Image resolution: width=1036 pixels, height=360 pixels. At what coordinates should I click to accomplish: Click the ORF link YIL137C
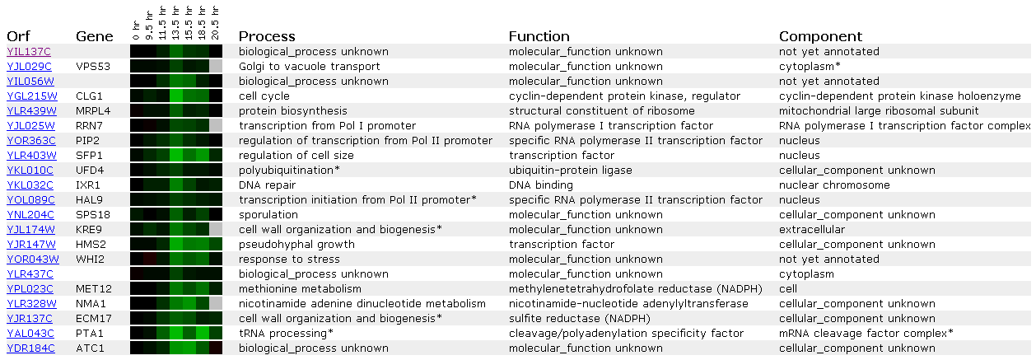click(29, 51)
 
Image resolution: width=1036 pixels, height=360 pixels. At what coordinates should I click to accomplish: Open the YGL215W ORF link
click(32, 96)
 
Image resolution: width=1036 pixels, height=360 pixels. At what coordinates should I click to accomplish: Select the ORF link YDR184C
click(30, 348)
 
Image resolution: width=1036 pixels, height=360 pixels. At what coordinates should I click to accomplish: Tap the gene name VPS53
click(93, 66)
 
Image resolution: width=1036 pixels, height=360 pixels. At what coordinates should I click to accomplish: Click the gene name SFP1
click(89, 155)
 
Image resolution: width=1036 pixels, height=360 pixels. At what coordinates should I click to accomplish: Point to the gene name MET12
click(94, 288)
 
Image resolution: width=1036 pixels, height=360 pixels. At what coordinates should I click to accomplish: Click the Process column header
click(267, 36)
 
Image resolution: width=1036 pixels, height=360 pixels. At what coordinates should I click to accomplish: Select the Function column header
click(539, 36)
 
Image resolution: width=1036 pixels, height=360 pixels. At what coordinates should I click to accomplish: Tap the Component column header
click(821, 36)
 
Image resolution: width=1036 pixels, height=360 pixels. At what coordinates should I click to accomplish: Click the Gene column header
click(95, 36)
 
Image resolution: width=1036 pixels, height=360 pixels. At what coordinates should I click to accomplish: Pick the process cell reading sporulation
click(268, 215)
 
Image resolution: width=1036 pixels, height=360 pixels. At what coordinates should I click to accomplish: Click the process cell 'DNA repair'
click(267, 185)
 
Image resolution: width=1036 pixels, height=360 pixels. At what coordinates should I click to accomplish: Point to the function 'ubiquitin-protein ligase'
click(570, 171)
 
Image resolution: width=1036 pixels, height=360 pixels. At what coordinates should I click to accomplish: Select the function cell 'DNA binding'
click(541, 185)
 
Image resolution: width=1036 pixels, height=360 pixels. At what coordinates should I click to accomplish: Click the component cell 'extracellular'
click(812, 230)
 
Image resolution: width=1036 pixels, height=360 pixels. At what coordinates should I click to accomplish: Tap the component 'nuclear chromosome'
click(834, 185)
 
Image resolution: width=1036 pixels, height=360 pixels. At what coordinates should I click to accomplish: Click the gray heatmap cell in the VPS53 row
click(216, 66)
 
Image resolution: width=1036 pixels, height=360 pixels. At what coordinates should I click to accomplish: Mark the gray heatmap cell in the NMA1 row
click(216, 303)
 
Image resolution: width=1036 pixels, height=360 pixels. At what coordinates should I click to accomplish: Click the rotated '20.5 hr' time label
click(215, 23)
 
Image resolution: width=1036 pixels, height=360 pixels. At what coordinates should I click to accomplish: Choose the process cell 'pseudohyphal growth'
click(296, 245)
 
